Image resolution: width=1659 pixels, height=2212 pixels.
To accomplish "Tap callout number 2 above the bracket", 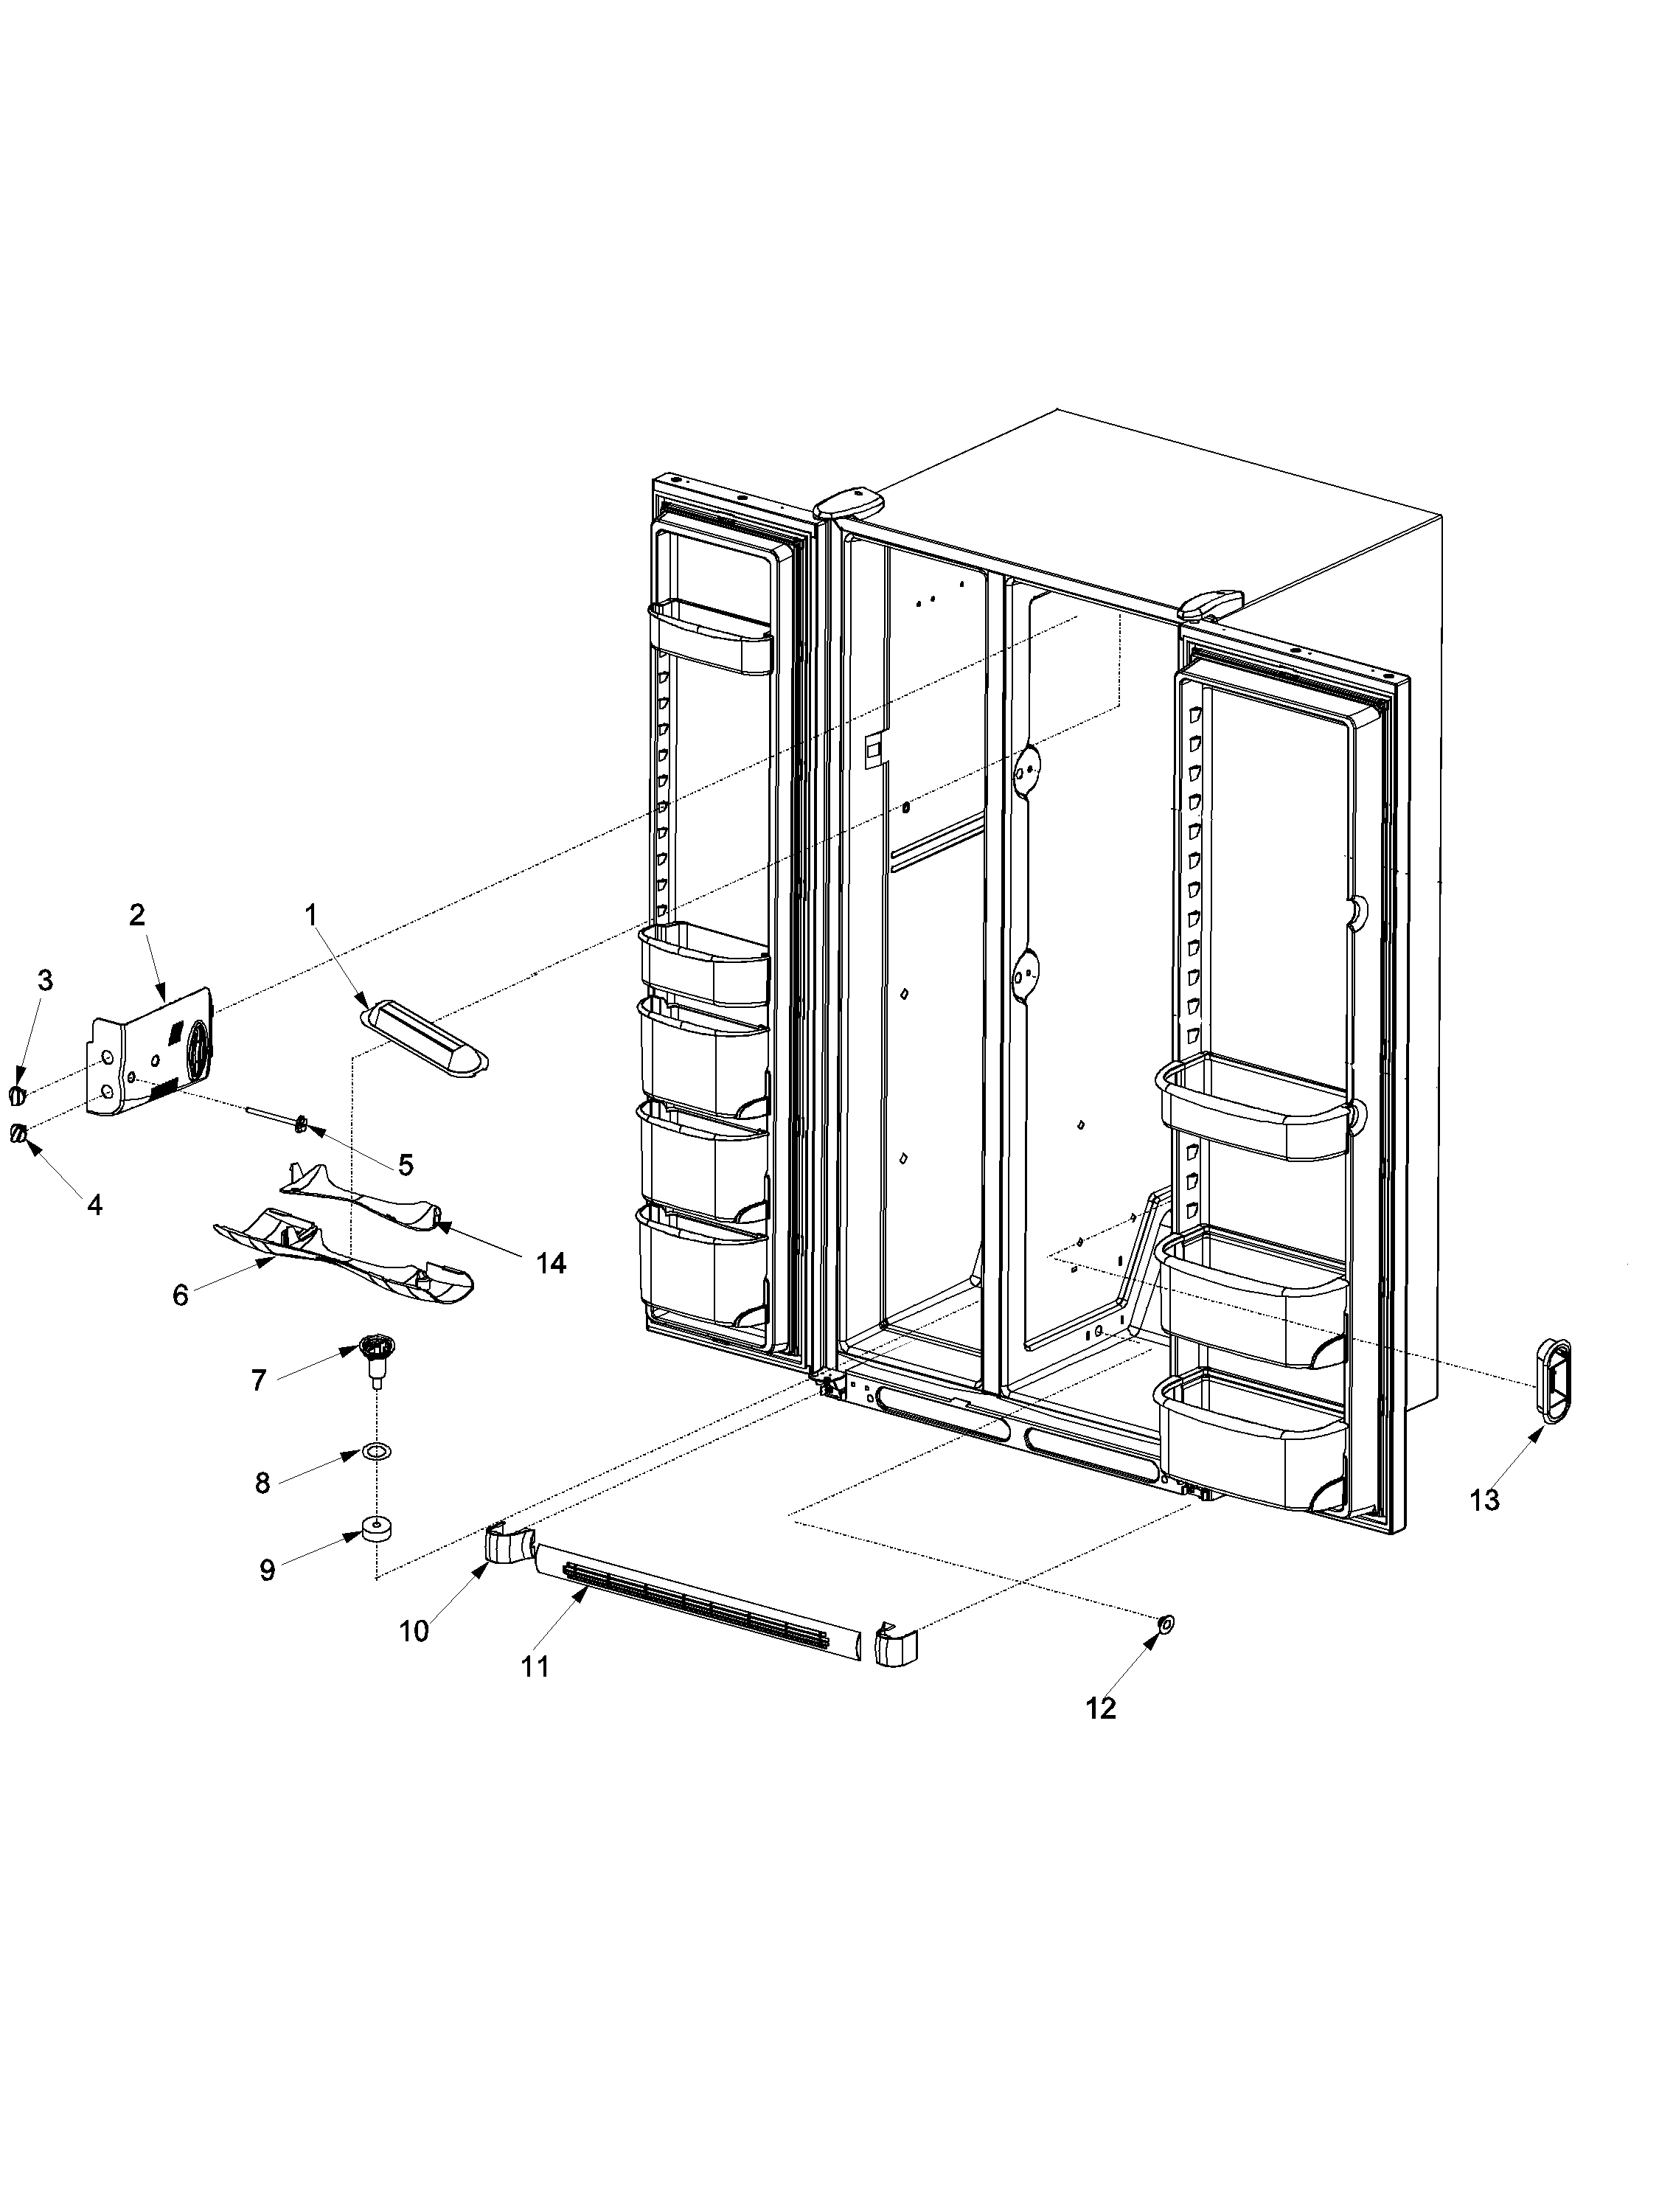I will [x=137, y=914].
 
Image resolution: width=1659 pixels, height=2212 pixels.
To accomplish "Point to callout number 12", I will [x=1100, y=1709].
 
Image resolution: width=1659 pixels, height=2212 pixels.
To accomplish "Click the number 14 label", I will [x=550, y=1263].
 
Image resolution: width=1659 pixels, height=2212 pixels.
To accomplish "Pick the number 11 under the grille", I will [x=535, y=1667].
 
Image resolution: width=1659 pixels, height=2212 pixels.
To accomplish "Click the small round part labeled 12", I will [x=1165, y=1625].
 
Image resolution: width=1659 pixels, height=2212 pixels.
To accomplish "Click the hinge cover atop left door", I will [x=851, y=501].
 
